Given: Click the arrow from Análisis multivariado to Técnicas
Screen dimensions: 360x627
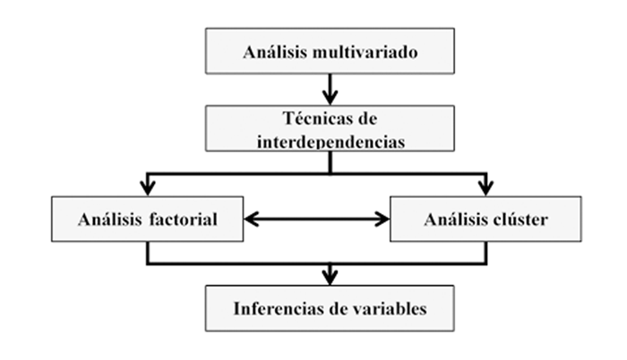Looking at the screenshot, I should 330,90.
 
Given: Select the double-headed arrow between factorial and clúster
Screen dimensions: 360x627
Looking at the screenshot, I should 317,218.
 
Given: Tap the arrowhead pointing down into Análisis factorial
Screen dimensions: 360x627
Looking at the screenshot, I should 147,187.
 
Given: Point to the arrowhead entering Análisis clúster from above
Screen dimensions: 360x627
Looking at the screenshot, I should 485,187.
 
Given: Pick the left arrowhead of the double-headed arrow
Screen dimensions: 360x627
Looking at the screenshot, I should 253,218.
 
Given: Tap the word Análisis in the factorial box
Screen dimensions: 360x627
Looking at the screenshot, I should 107,219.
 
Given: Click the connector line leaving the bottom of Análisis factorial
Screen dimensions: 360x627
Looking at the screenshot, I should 147,253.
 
